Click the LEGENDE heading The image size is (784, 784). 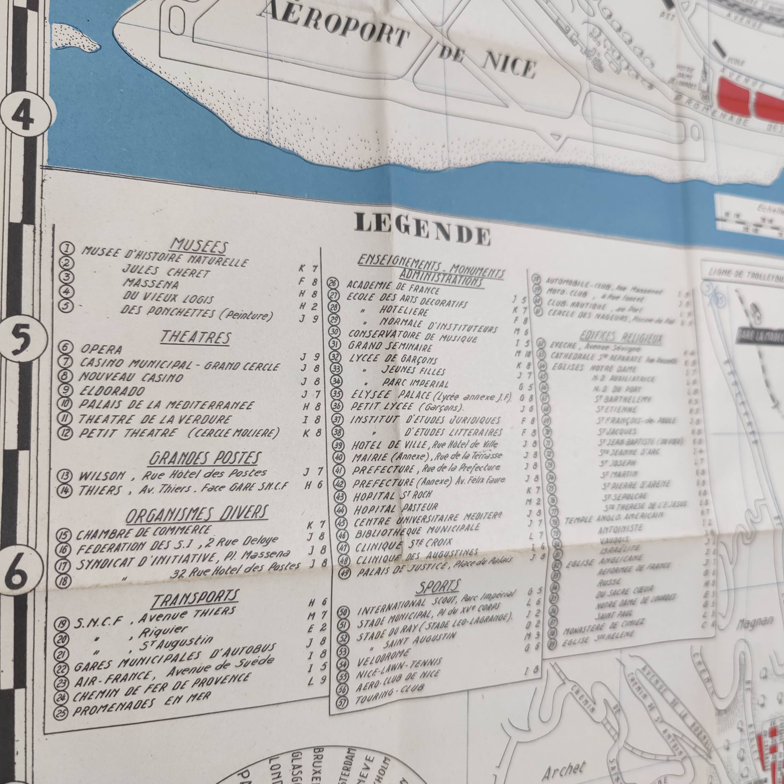point(422,228)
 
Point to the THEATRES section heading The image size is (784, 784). point(195,336)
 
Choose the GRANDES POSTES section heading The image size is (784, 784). point(204,458)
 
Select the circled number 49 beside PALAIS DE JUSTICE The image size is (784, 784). point(344,574)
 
